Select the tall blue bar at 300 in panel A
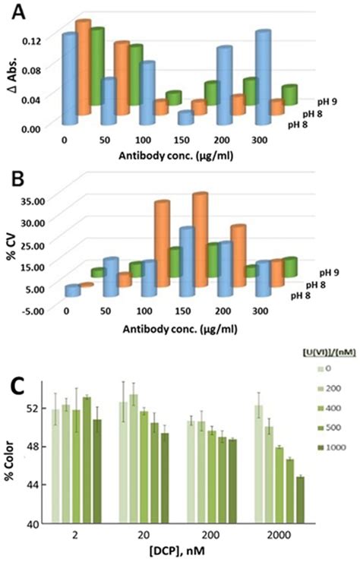tap(264, 76)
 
